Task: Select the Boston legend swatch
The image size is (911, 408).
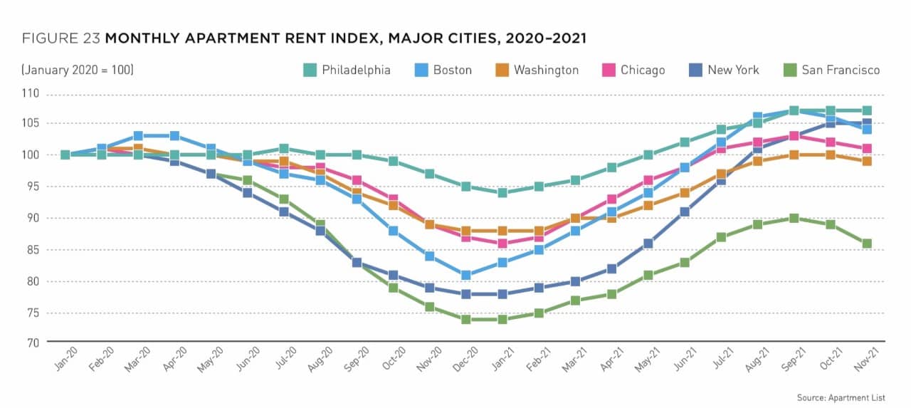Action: tap(421, 70)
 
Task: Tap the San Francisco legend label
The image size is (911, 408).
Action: tap(841, 70)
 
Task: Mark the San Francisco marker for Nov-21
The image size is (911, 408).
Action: tap(866, 244)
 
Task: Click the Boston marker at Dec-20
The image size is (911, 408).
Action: tap(465, 275)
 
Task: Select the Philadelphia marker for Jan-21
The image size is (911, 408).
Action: tap(502, 193)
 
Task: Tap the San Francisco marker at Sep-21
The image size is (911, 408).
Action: tap(794, 219)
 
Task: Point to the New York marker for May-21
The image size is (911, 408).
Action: tap(648, 244)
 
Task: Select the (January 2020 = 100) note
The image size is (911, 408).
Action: tap(78, 70)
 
